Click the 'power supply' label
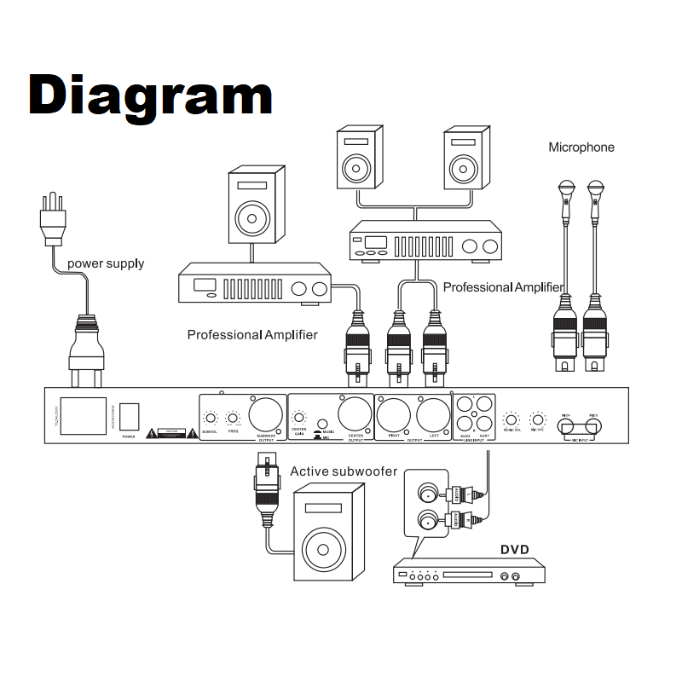pyautogui.click(x=106, y=263)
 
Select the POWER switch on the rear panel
pyautogui.click(x=129, y=415)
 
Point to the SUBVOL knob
pyautogui.click(x=210, y=418)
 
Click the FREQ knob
pyautogui.click(x=232, y=418)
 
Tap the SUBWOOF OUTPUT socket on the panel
pyautogui.click(x=267, y=415)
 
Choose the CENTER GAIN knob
pyautogui.click(x=299, y=418)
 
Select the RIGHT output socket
pyautogui.click(x=394, y=415)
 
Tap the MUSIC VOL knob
pyautogui.click(x=511, y=419)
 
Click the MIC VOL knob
pyautogui.click(x=538, y=419)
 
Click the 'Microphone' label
pyautogui.click(x=581, y=147)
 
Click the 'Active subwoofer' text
pyautogui.click(x=344, y=471)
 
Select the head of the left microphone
pyautogui.click(x=565, y=188)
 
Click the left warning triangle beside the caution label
pyautogui.click(x=152, y=433)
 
